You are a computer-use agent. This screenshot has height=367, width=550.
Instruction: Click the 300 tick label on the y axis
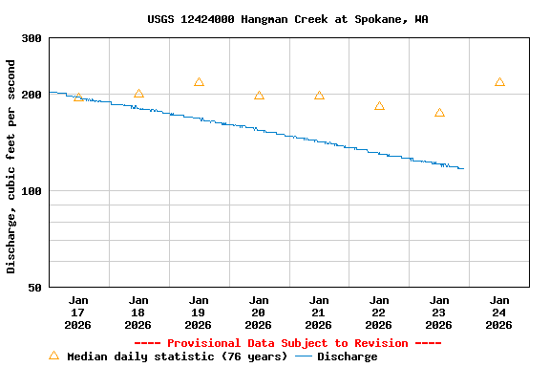click(32, 38)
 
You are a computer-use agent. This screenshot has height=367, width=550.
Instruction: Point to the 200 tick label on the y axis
click(32, 95)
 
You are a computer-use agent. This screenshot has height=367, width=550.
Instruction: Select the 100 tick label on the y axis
click(32, 191)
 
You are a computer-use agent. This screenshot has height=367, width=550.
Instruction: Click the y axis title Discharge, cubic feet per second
click(11, 166)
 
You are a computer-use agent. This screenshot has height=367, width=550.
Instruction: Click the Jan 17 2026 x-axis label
click(78, 312)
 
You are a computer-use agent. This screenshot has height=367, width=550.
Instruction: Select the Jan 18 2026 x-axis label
click(138, 312)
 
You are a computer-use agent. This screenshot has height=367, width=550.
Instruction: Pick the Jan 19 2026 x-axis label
click(199, 312)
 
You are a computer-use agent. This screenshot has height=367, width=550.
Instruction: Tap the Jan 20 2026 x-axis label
click(259, 312)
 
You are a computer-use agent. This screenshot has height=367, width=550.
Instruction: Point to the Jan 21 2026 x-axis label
click(319, 312)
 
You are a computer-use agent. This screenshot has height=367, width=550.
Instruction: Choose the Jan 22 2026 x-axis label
click(379, 312)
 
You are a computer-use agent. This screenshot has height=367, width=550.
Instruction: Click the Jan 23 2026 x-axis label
click(439, 312)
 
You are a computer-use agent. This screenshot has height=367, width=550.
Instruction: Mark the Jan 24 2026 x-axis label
click(499, 312)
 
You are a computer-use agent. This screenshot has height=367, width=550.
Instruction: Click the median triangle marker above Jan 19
click(199, 82)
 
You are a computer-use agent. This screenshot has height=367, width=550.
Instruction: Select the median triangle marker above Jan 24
click(499, 82)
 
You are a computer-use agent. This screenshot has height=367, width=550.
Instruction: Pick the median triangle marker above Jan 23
click(439, 113)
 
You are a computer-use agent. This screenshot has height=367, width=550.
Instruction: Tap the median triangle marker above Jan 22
click(379, 106)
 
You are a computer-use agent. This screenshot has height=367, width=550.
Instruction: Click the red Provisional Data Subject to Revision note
click(287, 343)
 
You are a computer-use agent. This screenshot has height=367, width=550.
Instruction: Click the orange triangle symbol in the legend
click(53, 356)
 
